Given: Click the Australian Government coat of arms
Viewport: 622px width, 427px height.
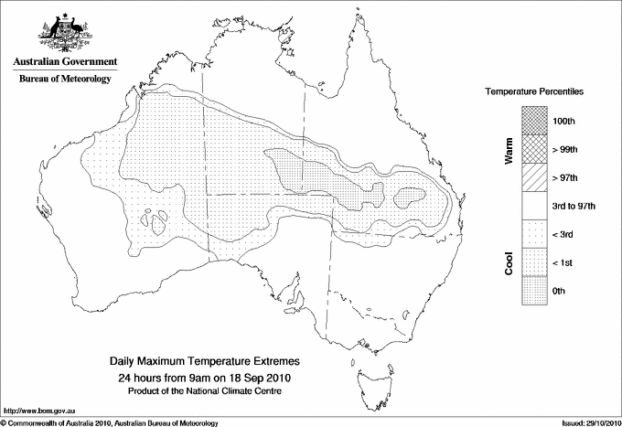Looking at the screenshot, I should point(64,32).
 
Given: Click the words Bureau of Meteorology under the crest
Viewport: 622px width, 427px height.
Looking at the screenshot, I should point(64,80).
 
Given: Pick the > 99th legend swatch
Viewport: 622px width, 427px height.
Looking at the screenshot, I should point(535,149).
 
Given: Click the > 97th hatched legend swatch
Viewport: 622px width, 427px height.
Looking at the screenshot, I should point(535,177).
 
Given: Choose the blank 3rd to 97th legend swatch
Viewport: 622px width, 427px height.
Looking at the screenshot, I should point(535,206).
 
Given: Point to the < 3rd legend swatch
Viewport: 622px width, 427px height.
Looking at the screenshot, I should point(535,234).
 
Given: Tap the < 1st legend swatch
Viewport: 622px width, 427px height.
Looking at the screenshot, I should point(535,262).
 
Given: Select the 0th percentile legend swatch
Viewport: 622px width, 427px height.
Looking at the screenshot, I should point(535,291).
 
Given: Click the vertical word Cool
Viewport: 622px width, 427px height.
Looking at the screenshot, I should point(509,262).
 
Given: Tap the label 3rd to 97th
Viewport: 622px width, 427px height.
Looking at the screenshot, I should point(574,206).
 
